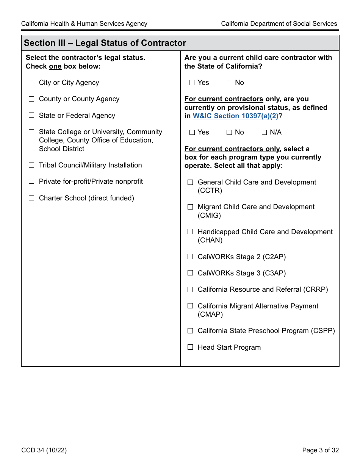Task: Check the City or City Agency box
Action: coord(31,83)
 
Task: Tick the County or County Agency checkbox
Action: coord(31,99)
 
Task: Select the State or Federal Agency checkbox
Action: coord(31,115)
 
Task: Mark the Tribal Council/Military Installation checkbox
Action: coord(31,165)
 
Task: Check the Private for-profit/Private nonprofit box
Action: coord(31,181)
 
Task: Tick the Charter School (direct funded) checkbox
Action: coord(31,198)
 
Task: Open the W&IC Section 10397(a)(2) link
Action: coord(235,116)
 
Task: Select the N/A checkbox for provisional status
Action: coord(265,132)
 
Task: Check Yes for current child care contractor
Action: coord(192,83)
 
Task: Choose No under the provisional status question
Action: coord(229,132)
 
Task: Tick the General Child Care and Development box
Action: coord(190,182)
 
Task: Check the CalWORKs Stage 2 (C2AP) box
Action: coord(190,256)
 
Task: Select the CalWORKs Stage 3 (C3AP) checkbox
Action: coord(190,273)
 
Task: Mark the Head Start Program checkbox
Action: coord(190,347)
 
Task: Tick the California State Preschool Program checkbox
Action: coord(190,331)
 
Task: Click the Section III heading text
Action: coord(105,43)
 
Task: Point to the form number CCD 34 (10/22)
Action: coord(44,450)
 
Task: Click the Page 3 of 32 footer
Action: coord(320,450)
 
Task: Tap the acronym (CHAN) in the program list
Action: coord(210,240)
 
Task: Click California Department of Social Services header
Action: coord(279,23)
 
